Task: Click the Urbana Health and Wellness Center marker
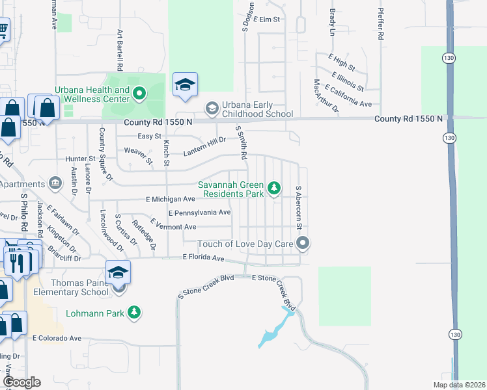tap(139, 95)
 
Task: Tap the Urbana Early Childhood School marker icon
tap(212, 107)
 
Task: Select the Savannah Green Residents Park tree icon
tap(275, 188)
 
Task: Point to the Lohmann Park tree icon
tap(134, 313)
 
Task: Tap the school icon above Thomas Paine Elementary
tap(118, 272)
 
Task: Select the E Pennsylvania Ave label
tap(199, 213)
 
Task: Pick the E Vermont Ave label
tap(173, 227)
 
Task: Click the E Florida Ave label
tap(203, 258)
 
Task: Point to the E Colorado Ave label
tap(57, 338)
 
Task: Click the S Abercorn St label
tap(299, 207)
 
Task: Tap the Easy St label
tap(149, 136)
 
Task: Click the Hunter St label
tap(79, 158)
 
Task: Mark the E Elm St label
tap(266, 19)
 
